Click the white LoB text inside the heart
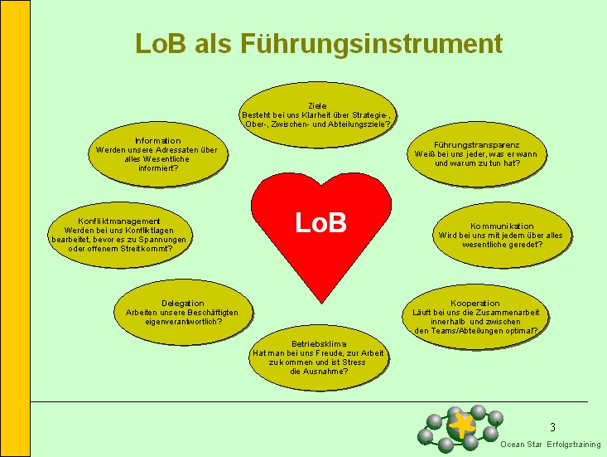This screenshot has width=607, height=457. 320,223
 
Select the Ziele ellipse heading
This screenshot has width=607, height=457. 316,106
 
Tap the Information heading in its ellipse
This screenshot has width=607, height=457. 157,140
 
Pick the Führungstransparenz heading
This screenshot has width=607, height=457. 476,144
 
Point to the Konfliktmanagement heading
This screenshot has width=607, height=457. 118,221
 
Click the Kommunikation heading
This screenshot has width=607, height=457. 502,226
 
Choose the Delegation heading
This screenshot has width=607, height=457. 182,303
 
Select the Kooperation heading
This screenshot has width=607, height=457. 475,303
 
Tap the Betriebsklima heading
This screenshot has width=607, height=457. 318,343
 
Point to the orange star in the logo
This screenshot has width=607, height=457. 461,425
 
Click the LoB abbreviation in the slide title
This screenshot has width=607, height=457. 161,43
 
